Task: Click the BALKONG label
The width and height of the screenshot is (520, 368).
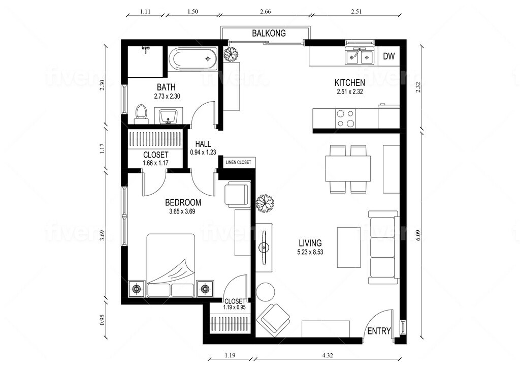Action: point(269,33)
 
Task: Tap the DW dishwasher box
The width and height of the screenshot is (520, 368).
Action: point(389,56)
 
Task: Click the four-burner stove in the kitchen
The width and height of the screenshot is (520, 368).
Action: point(345,118)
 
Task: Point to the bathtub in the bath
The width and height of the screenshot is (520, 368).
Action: point(193,59)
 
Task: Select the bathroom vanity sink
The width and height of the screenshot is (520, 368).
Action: point(169,116)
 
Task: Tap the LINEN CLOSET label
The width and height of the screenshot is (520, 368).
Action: point(238,163)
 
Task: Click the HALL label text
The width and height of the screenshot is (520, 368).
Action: point(203,144)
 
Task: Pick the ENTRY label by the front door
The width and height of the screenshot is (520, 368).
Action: point(379,331)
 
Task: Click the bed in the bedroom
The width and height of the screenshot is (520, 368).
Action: point(171,265)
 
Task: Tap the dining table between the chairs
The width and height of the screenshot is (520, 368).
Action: point(348,169)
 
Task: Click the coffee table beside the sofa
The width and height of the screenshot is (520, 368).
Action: point(349,247)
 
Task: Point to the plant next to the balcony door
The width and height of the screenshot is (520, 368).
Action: point(232,53)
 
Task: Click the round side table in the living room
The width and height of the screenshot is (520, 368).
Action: point(265,291)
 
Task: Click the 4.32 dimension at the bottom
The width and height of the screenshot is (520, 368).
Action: point(328,355)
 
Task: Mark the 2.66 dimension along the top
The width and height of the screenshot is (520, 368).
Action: point(265,11)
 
